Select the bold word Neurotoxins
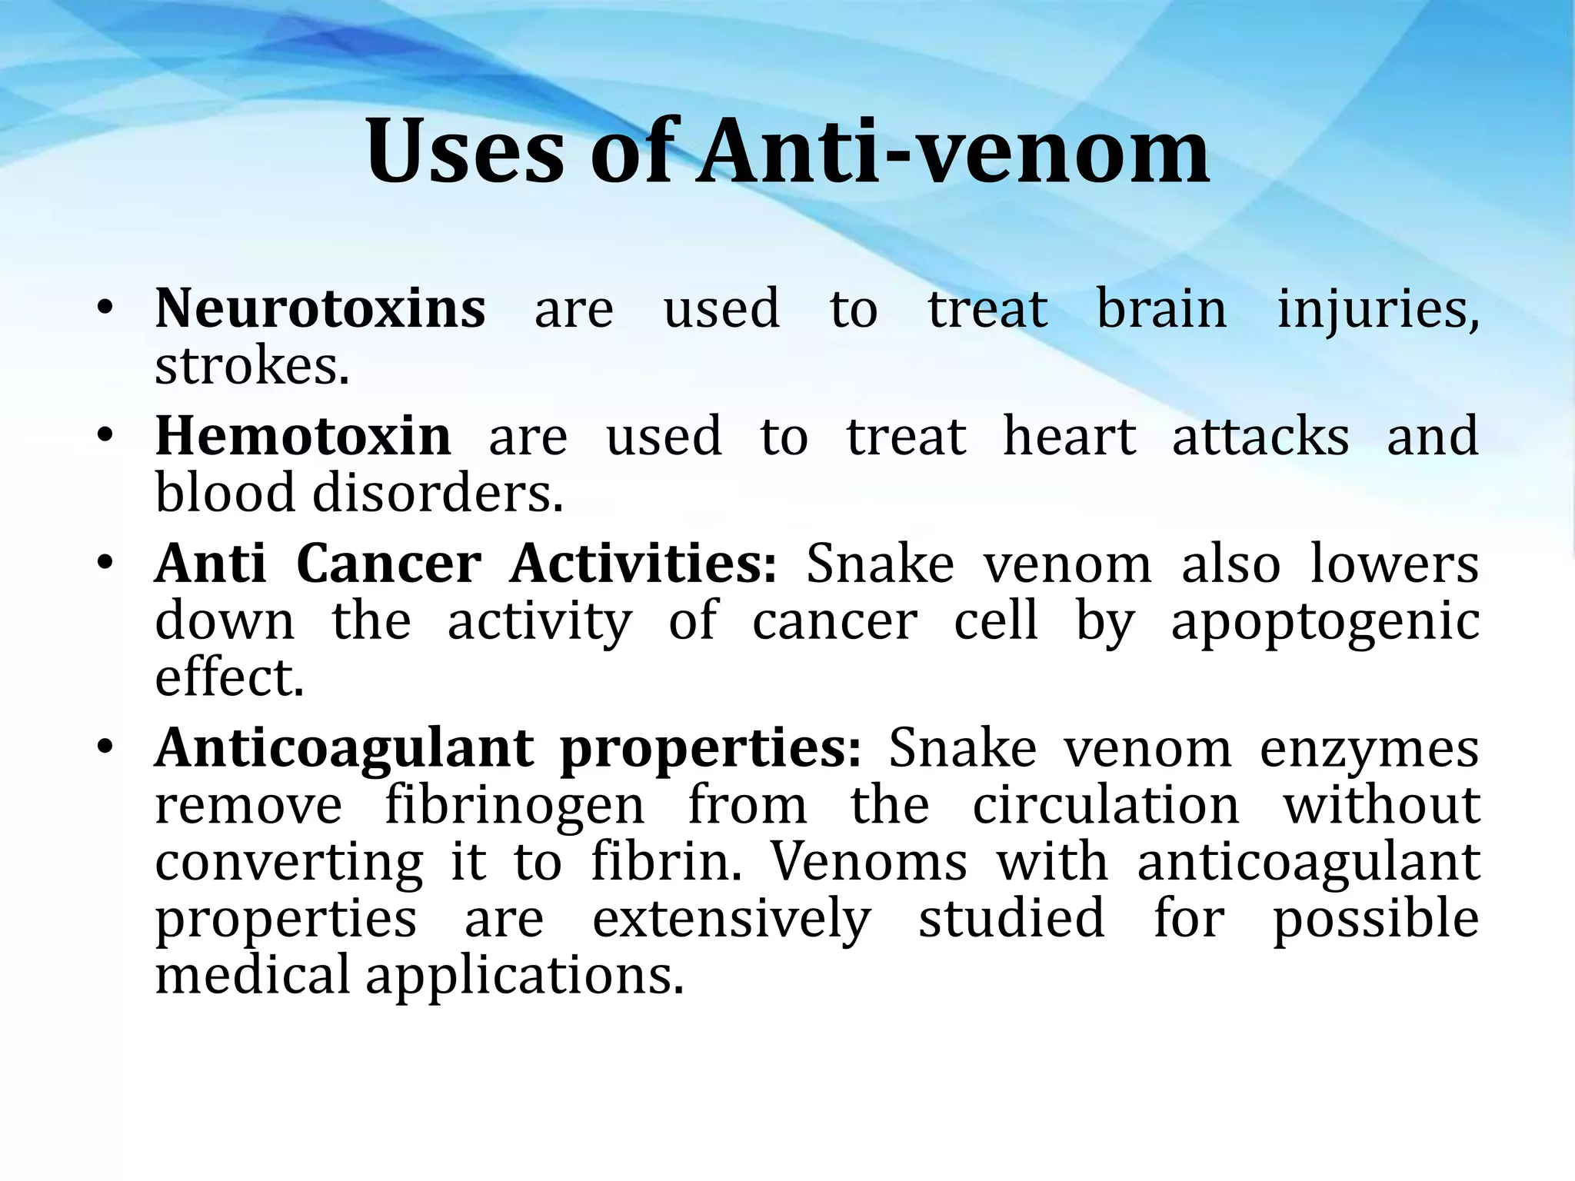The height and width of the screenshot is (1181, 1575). [x=320, y=308]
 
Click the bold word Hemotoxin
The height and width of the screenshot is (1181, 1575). [x=303, y=436]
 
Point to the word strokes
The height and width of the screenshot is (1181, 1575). [x=251, y=366]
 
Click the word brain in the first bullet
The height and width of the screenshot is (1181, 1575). [x=1161, y=308]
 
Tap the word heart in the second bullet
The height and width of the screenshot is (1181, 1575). [x=1069, y=436]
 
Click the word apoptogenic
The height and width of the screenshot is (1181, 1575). [x=1324, y=622]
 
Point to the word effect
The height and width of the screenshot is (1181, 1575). [x=229, y=678]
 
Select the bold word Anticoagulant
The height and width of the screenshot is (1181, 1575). [x=344, y=748]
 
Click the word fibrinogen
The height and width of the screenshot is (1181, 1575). [x=514, y=805]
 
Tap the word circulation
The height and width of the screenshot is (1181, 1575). [x=1106, y=805]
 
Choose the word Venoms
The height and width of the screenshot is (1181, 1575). [x=869, y=861]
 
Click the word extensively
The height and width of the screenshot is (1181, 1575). [x=731, y=919]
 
